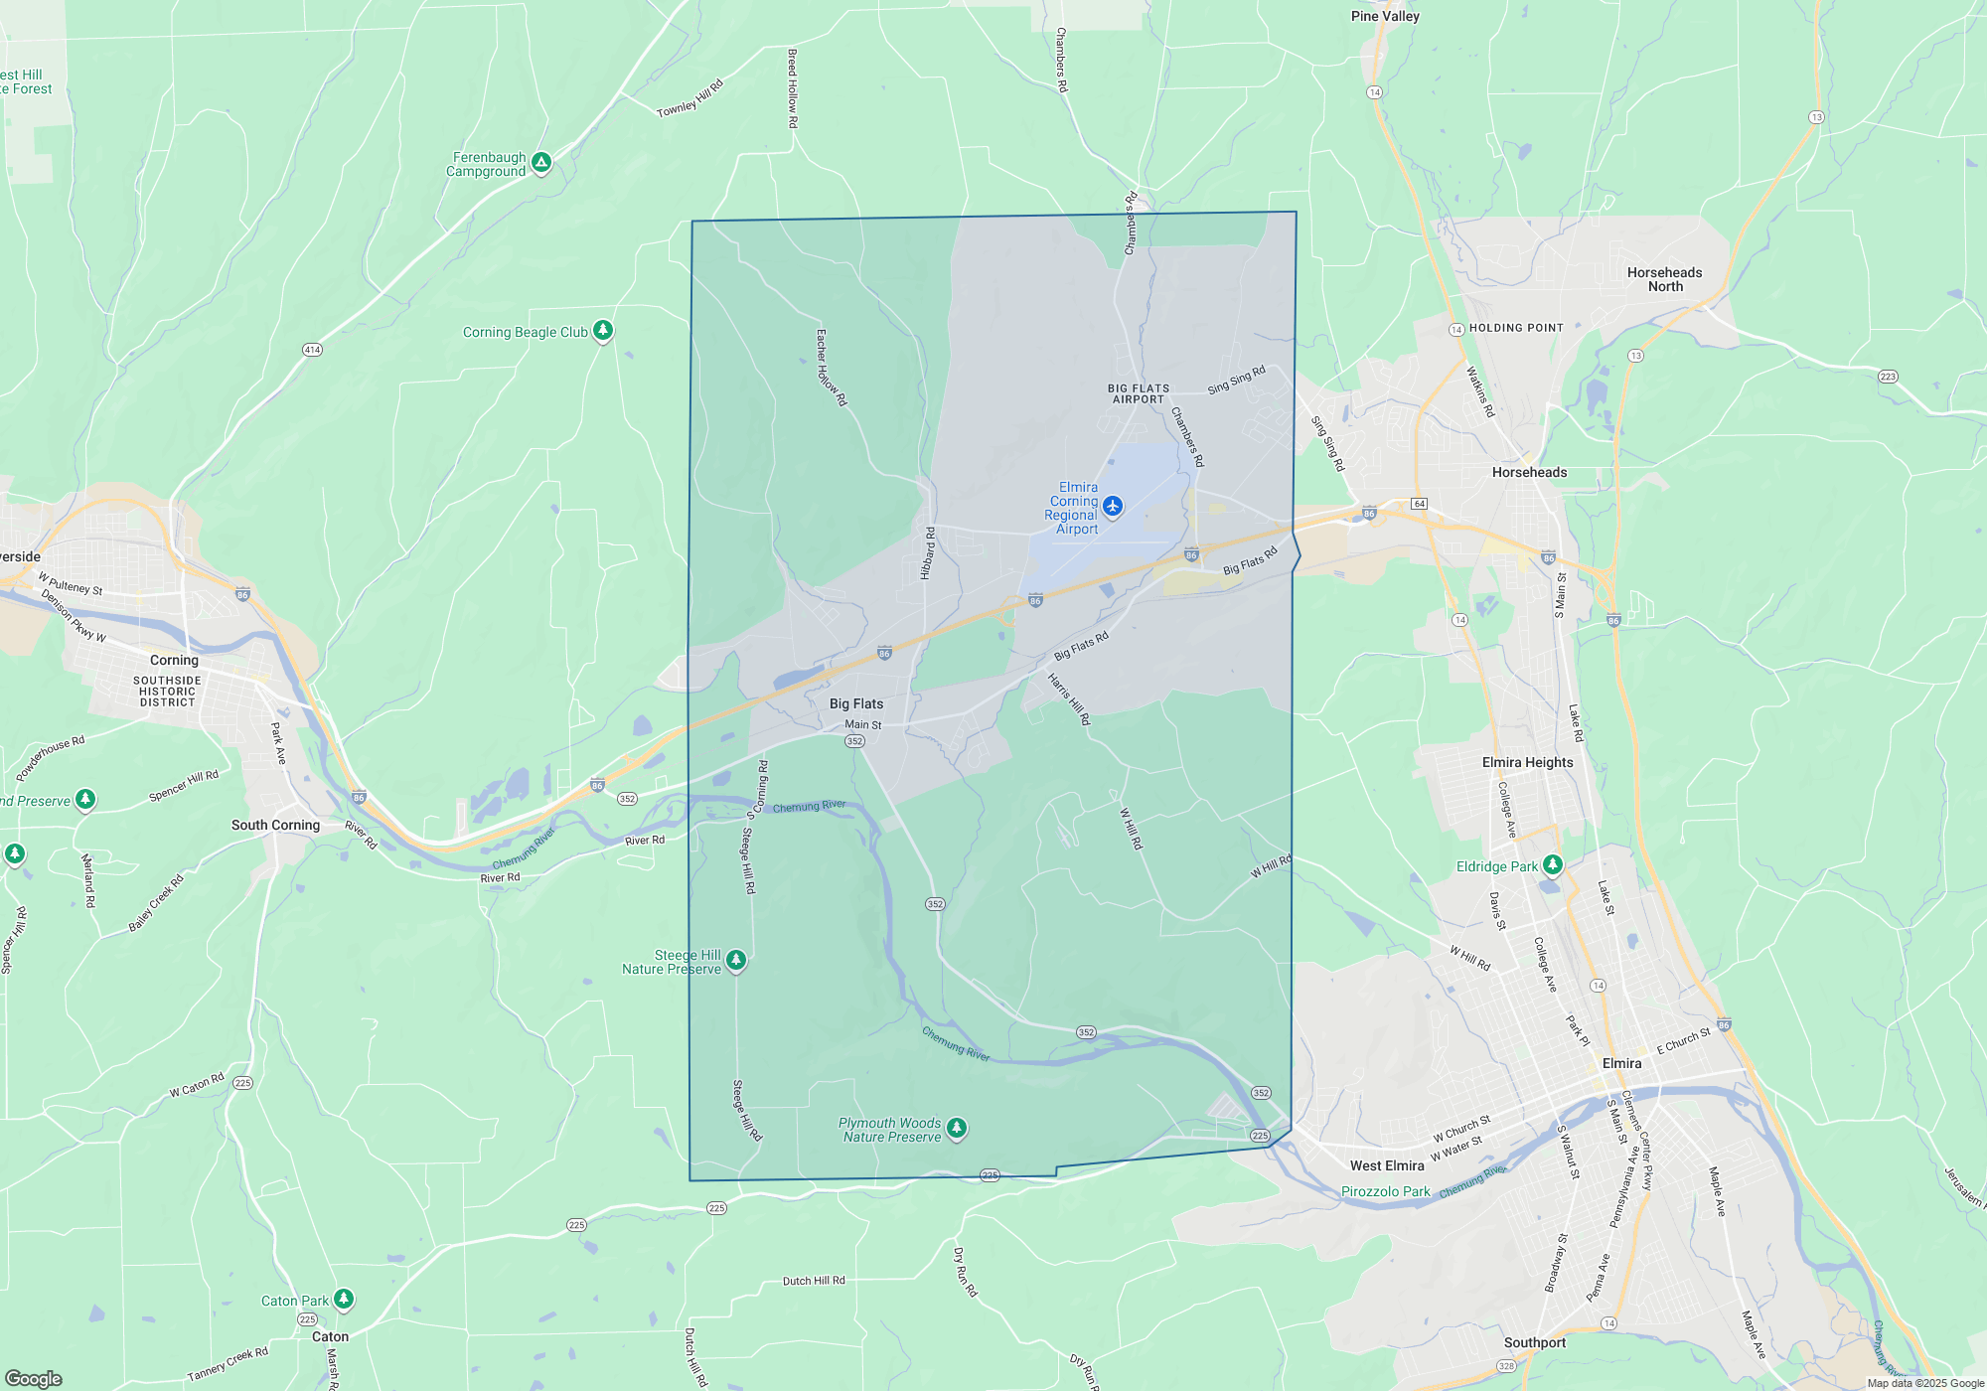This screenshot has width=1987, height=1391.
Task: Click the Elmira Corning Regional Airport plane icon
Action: coord(1113,507)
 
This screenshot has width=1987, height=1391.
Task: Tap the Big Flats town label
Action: coord(855,703)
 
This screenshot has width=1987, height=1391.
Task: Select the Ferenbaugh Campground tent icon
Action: coord(541,162)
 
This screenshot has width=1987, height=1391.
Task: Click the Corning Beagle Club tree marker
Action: coord(603,330)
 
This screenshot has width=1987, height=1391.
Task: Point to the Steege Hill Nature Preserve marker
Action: coord(736,960)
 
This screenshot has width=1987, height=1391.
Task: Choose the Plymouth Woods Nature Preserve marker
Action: coord(957,1128)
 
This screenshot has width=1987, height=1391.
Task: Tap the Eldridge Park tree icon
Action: coord(1553,864)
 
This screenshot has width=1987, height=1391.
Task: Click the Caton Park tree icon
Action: coord(344,1298)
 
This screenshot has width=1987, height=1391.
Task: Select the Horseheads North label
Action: coord(1664,279)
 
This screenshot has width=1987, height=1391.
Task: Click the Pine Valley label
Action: coord(1385,16)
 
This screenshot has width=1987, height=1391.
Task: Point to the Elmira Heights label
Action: coord(1527,762)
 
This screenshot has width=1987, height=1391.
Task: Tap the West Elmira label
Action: coord(1386,1165)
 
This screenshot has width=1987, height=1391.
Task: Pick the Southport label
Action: coord(1534,1342)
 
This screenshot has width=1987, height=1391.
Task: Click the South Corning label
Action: coord(275,825)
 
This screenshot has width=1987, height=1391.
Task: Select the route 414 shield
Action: coord(312,350)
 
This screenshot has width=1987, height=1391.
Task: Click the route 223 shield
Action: coord(1888,377)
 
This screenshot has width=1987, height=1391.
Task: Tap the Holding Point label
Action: coord(1516,328)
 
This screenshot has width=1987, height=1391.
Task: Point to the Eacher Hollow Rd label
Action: coord(831,368)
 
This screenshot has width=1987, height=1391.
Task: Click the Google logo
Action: coord(34,1378)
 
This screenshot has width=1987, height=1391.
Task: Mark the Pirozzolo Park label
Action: coord(1385,1191)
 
